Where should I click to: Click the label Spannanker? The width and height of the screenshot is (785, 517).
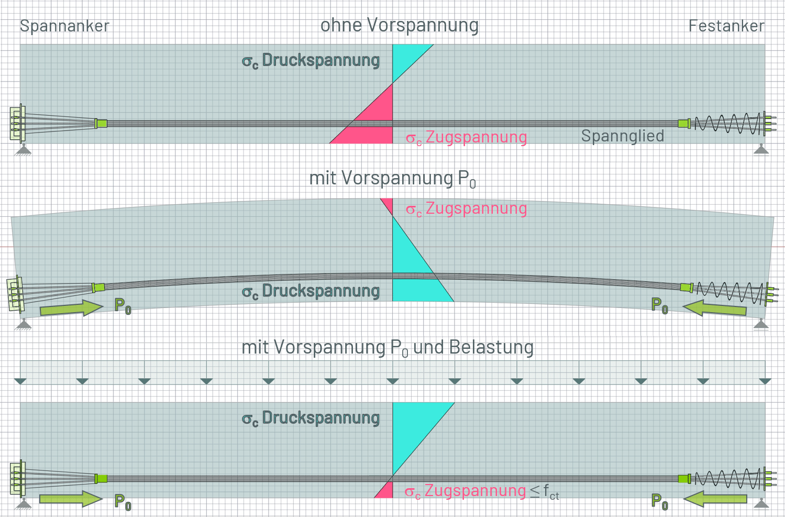pyautogui.click(x=64, y=26)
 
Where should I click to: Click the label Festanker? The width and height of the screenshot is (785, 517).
pyautogui.click(x=726, y=26)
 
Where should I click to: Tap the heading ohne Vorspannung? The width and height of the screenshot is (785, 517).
pyautogui.click(x=400, y=26)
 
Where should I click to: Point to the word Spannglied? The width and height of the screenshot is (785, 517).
pyautogui.click(x=622, y=136)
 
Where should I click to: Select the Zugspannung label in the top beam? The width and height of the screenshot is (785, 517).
pyautogui.click(x=466, y=137)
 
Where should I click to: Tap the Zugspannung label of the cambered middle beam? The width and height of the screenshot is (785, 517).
pyautogui.click(x=466, y=208)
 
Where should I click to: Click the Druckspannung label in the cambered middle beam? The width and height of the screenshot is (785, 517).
pyautogui.click(x=311, y=292)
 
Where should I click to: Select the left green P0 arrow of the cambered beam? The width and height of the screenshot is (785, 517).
pyautogui.click(x=72, y=308)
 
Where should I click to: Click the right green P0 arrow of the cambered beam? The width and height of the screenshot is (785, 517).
pyautogui.click(x=714, y=308)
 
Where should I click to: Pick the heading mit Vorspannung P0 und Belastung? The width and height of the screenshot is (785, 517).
pyautogui.click(x=388, y=348)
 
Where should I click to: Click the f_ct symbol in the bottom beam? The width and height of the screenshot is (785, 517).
pyautogui.click(x=551, y=492)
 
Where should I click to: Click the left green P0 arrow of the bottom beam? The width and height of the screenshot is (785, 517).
pyautogui.click(x=71, y=499)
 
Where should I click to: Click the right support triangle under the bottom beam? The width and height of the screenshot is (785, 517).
pyautogui.click(x=761, y=504)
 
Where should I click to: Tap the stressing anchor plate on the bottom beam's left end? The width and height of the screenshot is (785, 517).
pyautogui.click(x=17, y=478)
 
